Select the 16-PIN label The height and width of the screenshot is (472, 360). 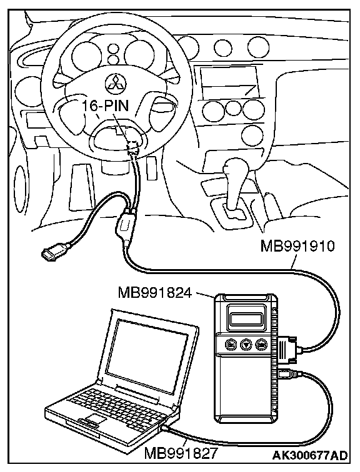[x=106, y=106]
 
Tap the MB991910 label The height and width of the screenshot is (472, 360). [x=297, y=246]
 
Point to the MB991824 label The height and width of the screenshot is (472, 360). [x=155, y=292]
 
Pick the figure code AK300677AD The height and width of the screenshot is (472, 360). [x=310, y=455]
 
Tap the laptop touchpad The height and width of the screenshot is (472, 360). [x=94, y=419]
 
